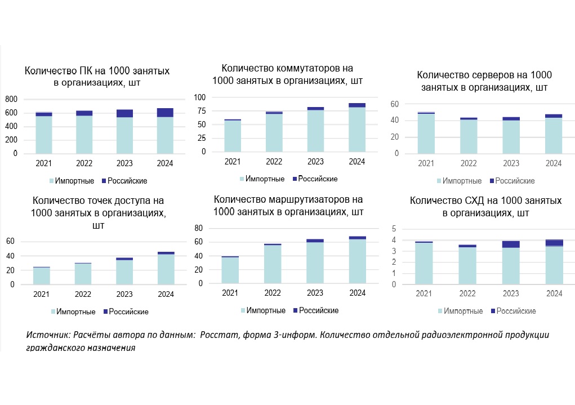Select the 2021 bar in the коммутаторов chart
point(232,136)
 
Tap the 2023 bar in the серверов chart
point(511,135)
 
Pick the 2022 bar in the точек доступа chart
point(83,274)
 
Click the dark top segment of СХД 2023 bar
point(511,244)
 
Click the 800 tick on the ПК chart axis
point(11,99)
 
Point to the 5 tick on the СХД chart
point(394,229)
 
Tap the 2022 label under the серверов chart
point(469,164)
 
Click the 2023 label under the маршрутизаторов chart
point(315,293)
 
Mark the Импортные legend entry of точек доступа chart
point(72,311)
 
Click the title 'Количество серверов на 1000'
point(484,75)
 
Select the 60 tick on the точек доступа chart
point(10,242)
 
